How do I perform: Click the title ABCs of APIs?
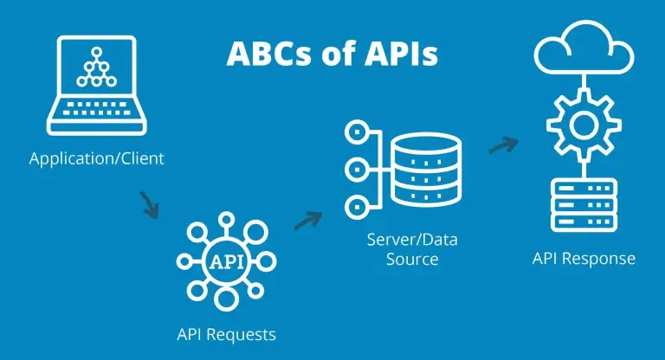coord(332,53)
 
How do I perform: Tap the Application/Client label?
coord(96,159)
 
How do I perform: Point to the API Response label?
coord(584,258)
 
